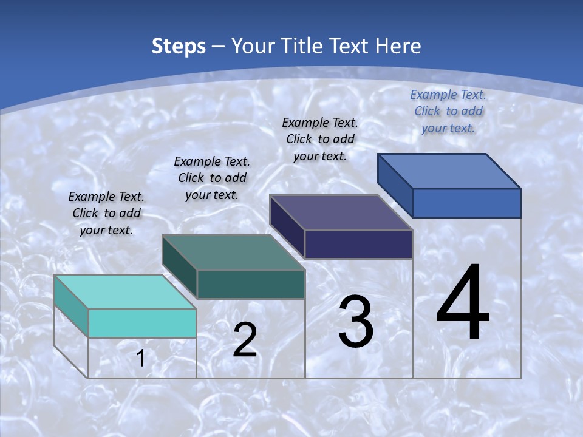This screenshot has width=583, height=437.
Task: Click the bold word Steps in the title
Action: pyautogui.click(x=179, y=46)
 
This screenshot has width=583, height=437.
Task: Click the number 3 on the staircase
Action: pyautogui.click(x=355, y=322)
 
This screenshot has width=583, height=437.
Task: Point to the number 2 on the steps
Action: pyautogui.click(x=245, y=340)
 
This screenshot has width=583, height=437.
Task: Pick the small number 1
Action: pyautogui.click(x=141, y=359)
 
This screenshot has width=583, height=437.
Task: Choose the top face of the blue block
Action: pyautogui.click(x=449, y=171)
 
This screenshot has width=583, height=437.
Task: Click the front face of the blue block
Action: pyautogui.click(x=466, y=203)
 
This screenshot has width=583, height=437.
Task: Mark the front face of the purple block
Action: pyautogui.click(x=358, y=244)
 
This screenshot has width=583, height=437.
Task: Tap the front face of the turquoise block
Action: pyautogui.click(x=142, y=323)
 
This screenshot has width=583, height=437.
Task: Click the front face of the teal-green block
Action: pyautogui.click(x=250, y=284)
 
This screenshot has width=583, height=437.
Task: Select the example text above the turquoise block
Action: pyautogui.click(x=106, y=213)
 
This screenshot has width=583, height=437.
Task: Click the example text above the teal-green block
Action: pyautogui.click(x=212, y=178)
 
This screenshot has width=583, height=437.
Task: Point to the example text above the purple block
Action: pyautogui.click(x=320, y=139)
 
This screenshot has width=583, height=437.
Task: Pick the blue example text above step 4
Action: pyautogui.click(x=448, y=111)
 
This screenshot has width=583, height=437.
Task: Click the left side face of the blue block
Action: pyautogui.click(x=395, y=182)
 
